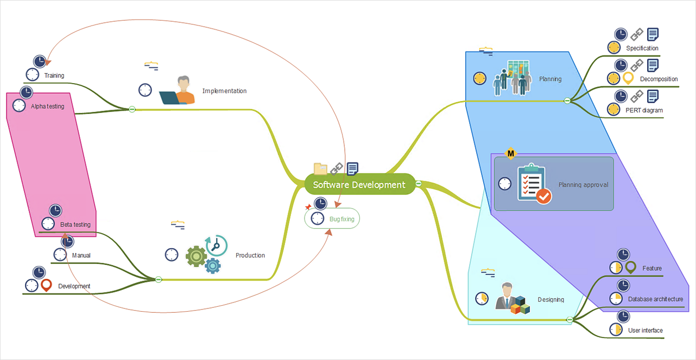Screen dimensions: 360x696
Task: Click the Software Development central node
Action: (359, 185)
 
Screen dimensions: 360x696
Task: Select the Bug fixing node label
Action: (341, 219)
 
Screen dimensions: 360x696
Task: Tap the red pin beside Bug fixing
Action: (308, 207)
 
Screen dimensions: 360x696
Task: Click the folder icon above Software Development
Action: (320, 169)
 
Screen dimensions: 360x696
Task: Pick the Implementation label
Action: (224, 91)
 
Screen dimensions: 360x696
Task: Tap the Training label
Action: (54, 75)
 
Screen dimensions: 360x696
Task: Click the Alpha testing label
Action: (47, 106)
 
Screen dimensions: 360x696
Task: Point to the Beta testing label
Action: (75, 224)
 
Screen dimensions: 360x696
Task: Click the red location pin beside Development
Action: (47, 285)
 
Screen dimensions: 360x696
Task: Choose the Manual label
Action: (81, 255)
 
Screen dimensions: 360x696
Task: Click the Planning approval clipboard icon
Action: (534, 184)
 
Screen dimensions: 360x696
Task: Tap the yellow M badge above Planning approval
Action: (510, 154)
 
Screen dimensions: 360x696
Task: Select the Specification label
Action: (642, 48)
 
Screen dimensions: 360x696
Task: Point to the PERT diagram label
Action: (643, 110)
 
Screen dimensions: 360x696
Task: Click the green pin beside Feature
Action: (630, 267)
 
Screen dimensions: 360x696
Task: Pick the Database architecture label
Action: (655, 299)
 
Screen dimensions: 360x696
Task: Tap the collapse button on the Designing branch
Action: (570, 320)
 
